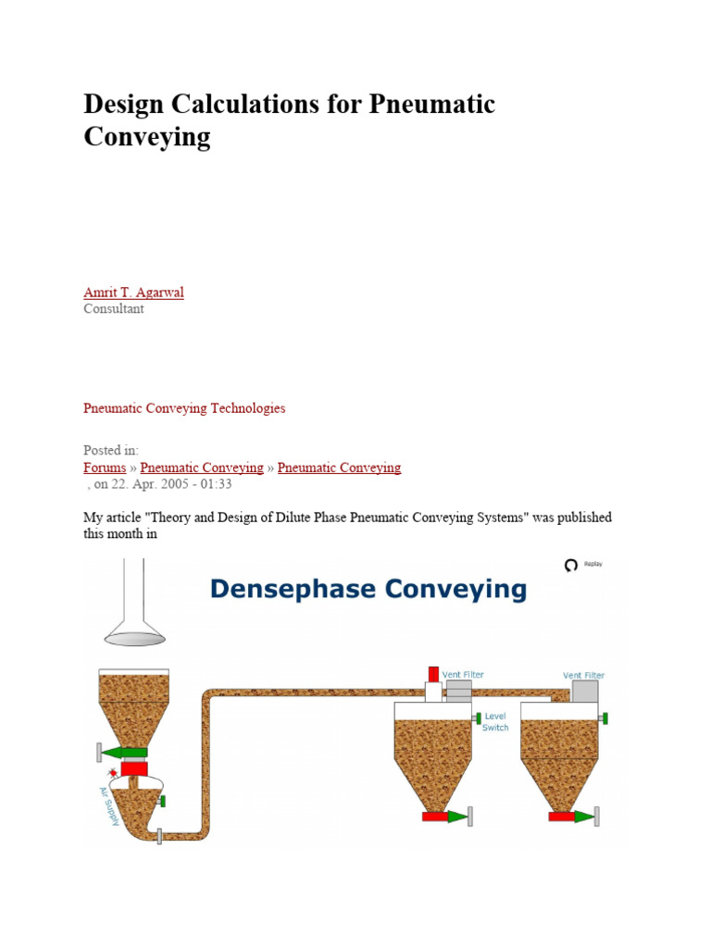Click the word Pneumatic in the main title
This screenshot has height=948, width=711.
432,105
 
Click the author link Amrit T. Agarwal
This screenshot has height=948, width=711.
133,293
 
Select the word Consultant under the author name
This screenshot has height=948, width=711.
114,309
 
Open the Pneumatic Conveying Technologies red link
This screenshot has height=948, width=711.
184,408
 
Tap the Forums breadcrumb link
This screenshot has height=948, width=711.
105,468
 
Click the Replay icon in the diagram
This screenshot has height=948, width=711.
571,565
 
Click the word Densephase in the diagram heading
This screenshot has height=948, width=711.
291,589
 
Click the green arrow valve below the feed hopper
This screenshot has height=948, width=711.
128,752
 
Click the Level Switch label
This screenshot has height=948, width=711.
495,722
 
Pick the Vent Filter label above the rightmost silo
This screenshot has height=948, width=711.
583,676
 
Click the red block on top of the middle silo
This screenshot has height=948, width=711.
433,674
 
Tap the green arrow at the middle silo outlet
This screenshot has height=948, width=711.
458,817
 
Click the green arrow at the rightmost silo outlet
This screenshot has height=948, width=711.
583,817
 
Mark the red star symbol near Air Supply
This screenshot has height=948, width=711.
114,771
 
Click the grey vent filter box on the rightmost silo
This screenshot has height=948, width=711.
585,692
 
